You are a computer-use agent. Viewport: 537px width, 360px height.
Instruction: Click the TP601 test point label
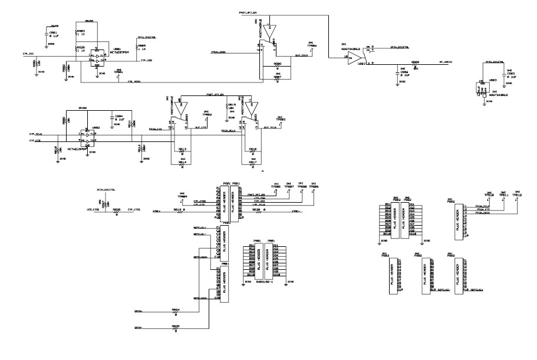click(120, 72)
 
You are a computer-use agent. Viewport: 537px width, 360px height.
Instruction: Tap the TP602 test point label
click(206, 114)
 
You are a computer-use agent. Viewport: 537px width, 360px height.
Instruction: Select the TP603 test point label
click(282, 119)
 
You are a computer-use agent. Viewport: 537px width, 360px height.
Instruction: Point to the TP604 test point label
click(313, 45)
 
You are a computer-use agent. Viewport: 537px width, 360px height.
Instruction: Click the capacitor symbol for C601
click(47, 35)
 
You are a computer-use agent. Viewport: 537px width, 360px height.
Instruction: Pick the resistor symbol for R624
click(175, 312)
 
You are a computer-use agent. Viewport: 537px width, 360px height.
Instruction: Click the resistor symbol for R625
click(175, 328)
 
